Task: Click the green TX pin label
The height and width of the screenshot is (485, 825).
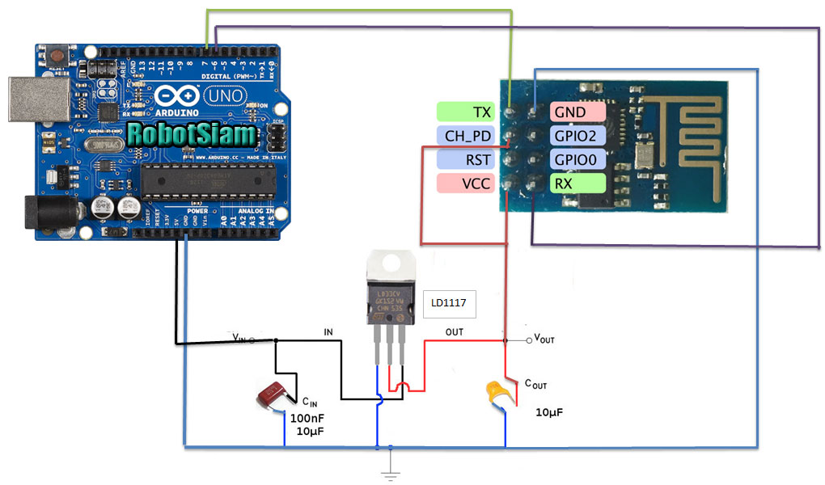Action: point(464,112)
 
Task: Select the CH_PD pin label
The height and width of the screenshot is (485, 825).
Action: point(464,135)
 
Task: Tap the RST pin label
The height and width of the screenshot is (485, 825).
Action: point(464,159)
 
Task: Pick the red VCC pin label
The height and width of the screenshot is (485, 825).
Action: point(464,183)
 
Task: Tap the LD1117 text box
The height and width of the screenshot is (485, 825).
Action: point(450,304)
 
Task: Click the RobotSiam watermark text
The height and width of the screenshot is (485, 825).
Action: point(192,134)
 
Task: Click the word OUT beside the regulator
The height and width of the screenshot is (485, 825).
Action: point(455,331)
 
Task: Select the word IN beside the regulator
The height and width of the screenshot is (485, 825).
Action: point(328,332)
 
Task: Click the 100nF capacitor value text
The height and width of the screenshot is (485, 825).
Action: point(307,418)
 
